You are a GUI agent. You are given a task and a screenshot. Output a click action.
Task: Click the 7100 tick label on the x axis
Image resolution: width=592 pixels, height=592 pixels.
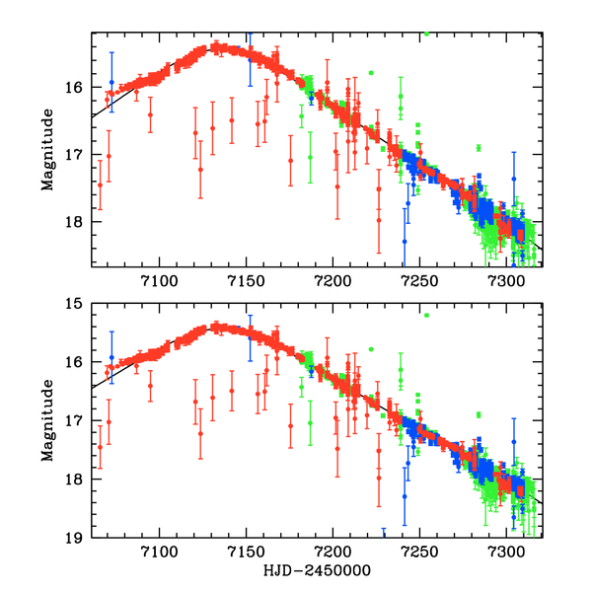point(159,553)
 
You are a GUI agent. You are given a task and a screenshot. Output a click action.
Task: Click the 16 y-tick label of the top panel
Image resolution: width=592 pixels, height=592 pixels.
point(79,87)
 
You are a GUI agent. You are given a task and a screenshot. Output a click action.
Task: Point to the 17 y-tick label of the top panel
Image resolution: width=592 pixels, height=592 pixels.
point(79,154)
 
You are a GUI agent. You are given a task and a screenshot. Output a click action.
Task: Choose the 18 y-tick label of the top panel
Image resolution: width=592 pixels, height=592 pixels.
point(79,221)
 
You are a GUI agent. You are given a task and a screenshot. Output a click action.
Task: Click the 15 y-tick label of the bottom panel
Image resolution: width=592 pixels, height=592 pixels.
point(79,303)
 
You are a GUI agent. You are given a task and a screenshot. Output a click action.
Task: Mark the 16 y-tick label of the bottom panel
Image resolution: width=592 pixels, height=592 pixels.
point(79,362)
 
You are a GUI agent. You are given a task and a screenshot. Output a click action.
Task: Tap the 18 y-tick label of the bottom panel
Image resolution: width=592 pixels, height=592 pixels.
point(79,480)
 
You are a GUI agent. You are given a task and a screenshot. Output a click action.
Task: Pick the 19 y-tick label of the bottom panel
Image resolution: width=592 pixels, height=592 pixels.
point(79,538)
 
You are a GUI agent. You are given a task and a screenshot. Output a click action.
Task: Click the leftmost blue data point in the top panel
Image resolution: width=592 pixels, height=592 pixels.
point(111,82)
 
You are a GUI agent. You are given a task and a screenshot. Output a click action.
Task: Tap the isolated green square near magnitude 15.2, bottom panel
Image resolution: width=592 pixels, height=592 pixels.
point(426,316)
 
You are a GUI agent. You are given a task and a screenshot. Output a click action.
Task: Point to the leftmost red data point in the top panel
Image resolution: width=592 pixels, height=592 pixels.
point(100,185)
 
